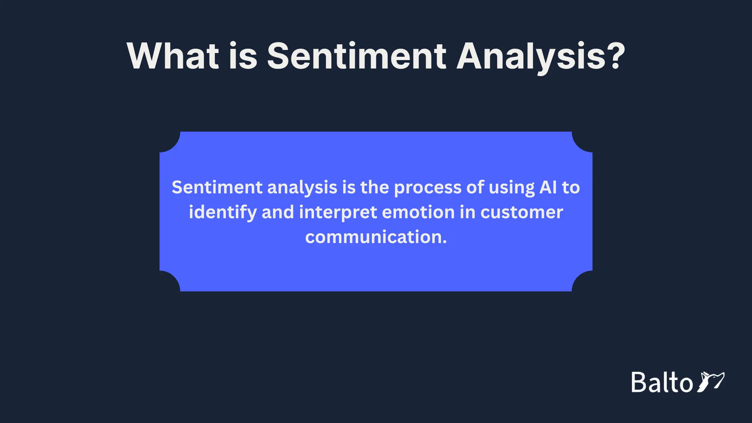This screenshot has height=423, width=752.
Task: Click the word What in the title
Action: tap(173, 56)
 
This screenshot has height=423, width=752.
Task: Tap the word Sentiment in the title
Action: tap(357, 56)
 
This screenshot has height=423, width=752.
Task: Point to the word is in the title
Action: tap(243, 56)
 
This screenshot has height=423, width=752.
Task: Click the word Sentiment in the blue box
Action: tap(217, 187)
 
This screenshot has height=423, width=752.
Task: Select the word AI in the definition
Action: tap(548, 187)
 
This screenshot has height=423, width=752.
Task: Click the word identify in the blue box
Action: tap(223, 213)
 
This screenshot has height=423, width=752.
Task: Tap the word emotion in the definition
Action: tap(418, 213)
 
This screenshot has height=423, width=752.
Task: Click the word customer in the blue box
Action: tap(521, 213)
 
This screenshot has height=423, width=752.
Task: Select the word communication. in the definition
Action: tap(376, 237)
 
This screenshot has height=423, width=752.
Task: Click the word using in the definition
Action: tap(511, 188)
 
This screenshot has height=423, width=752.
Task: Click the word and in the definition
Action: tap(278, 213)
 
